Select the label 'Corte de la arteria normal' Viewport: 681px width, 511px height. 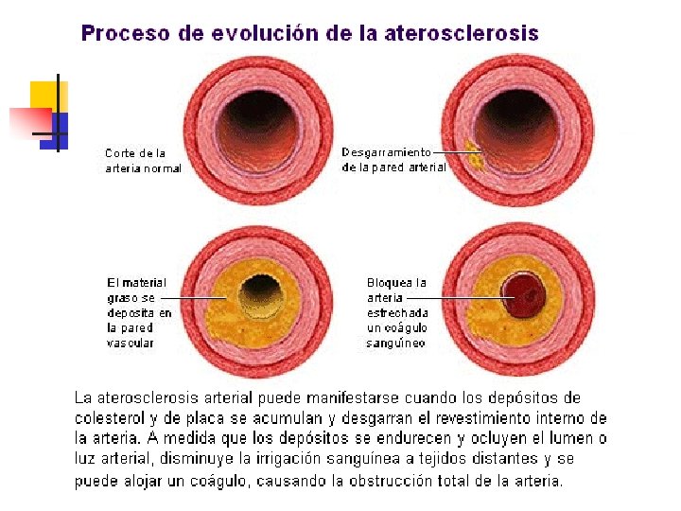pos(142,161)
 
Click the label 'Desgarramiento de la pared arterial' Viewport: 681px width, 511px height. pos(393,159)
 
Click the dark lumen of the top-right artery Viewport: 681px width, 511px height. pos(516,119)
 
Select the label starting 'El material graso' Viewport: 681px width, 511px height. pos(139,312)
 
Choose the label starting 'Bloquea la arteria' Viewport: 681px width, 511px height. pos(397,312)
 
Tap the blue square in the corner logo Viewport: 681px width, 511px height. pos(57,127)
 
